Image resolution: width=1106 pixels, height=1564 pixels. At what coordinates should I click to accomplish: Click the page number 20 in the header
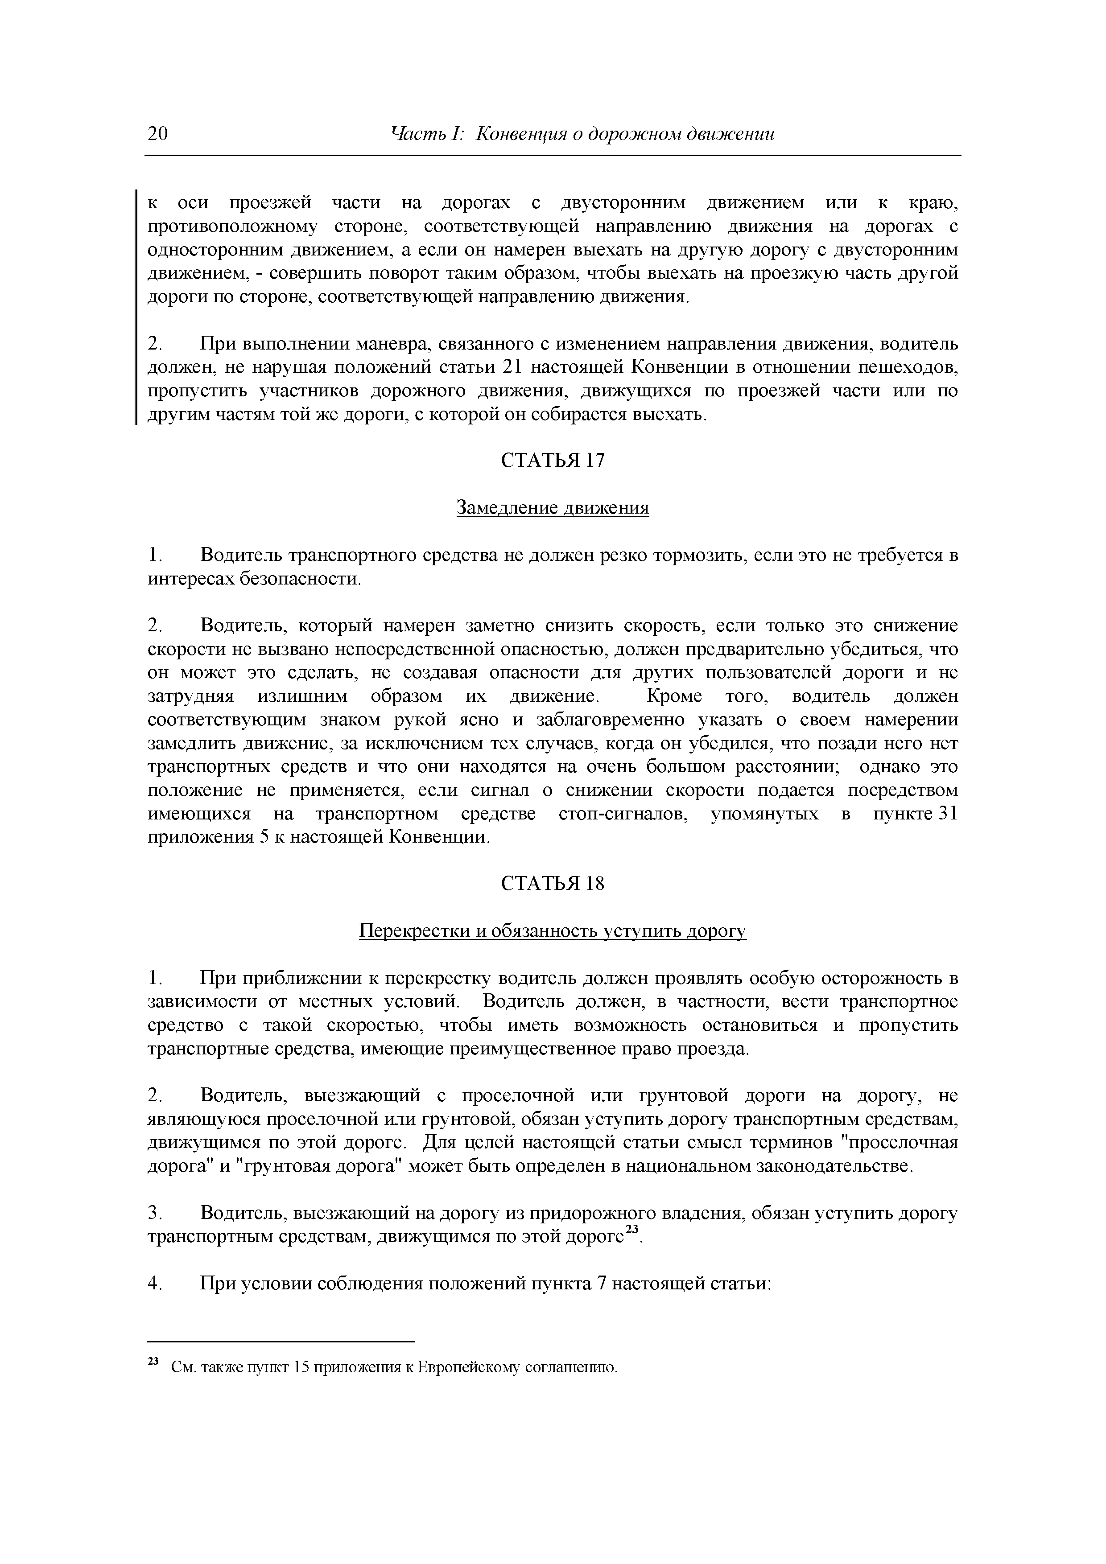point(157,133)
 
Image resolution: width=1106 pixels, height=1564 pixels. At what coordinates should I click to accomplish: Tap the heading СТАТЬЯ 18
point(553,884)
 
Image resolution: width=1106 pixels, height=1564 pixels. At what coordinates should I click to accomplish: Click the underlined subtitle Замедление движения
point(553,508)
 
